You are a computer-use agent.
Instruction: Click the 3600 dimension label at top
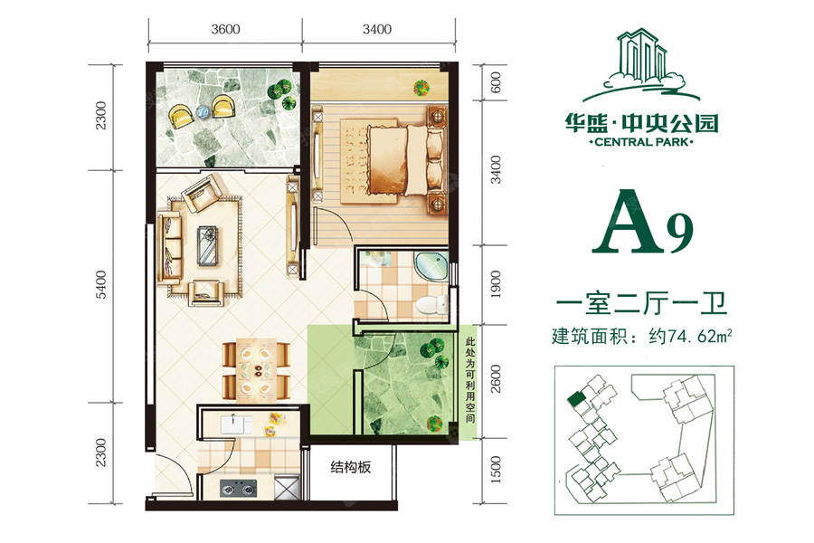(225, 29)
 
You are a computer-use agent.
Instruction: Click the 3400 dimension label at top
(377, 29)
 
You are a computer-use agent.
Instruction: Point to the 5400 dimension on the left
(100, 285)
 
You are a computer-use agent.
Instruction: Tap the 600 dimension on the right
(496, 82)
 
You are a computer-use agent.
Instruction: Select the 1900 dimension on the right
(496, 284)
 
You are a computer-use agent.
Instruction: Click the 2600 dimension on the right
(496, 379)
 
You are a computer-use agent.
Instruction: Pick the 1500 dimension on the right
(496, 469)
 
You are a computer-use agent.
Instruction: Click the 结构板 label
(351, 467)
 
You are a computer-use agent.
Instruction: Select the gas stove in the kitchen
(238, 488)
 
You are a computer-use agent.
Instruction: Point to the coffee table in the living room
(209, 246)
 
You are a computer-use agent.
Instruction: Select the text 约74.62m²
(690, 336)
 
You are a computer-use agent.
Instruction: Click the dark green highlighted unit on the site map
(575, 399)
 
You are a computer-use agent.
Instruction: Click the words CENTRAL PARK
(641, 142)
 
